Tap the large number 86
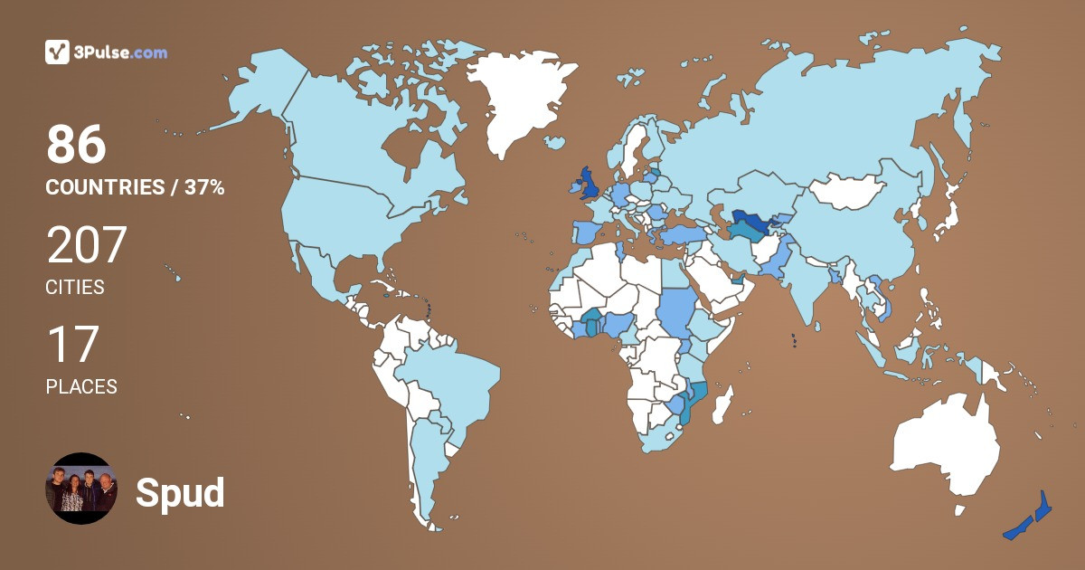[x=76, y=146]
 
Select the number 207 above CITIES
[x=86, y=245]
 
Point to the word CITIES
[x=75, y=288]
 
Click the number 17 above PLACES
[x=71, y=345]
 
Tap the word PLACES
[x=81, y=386]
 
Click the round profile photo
[x=81, y=489]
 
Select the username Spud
[x=180, y=492]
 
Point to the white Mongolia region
[x=845, y=191]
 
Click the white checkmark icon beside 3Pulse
[x=57, y=52]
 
